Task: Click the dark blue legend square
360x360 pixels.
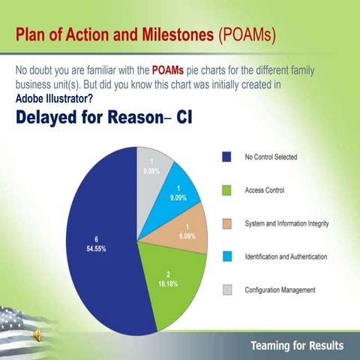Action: tap(226, 157)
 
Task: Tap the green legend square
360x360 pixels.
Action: tap(226, 190)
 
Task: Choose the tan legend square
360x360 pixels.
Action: tap(226, 223)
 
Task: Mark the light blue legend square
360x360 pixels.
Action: tap(226, 256)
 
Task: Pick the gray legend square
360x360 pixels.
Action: tap(226, 289)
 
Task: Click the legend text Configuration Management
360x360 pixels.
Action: tap(281, 289)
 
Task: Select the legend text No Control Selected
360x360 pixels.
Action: tap(271, 157)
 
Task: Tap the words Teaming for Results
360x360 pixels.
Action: tap(297, 345)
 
